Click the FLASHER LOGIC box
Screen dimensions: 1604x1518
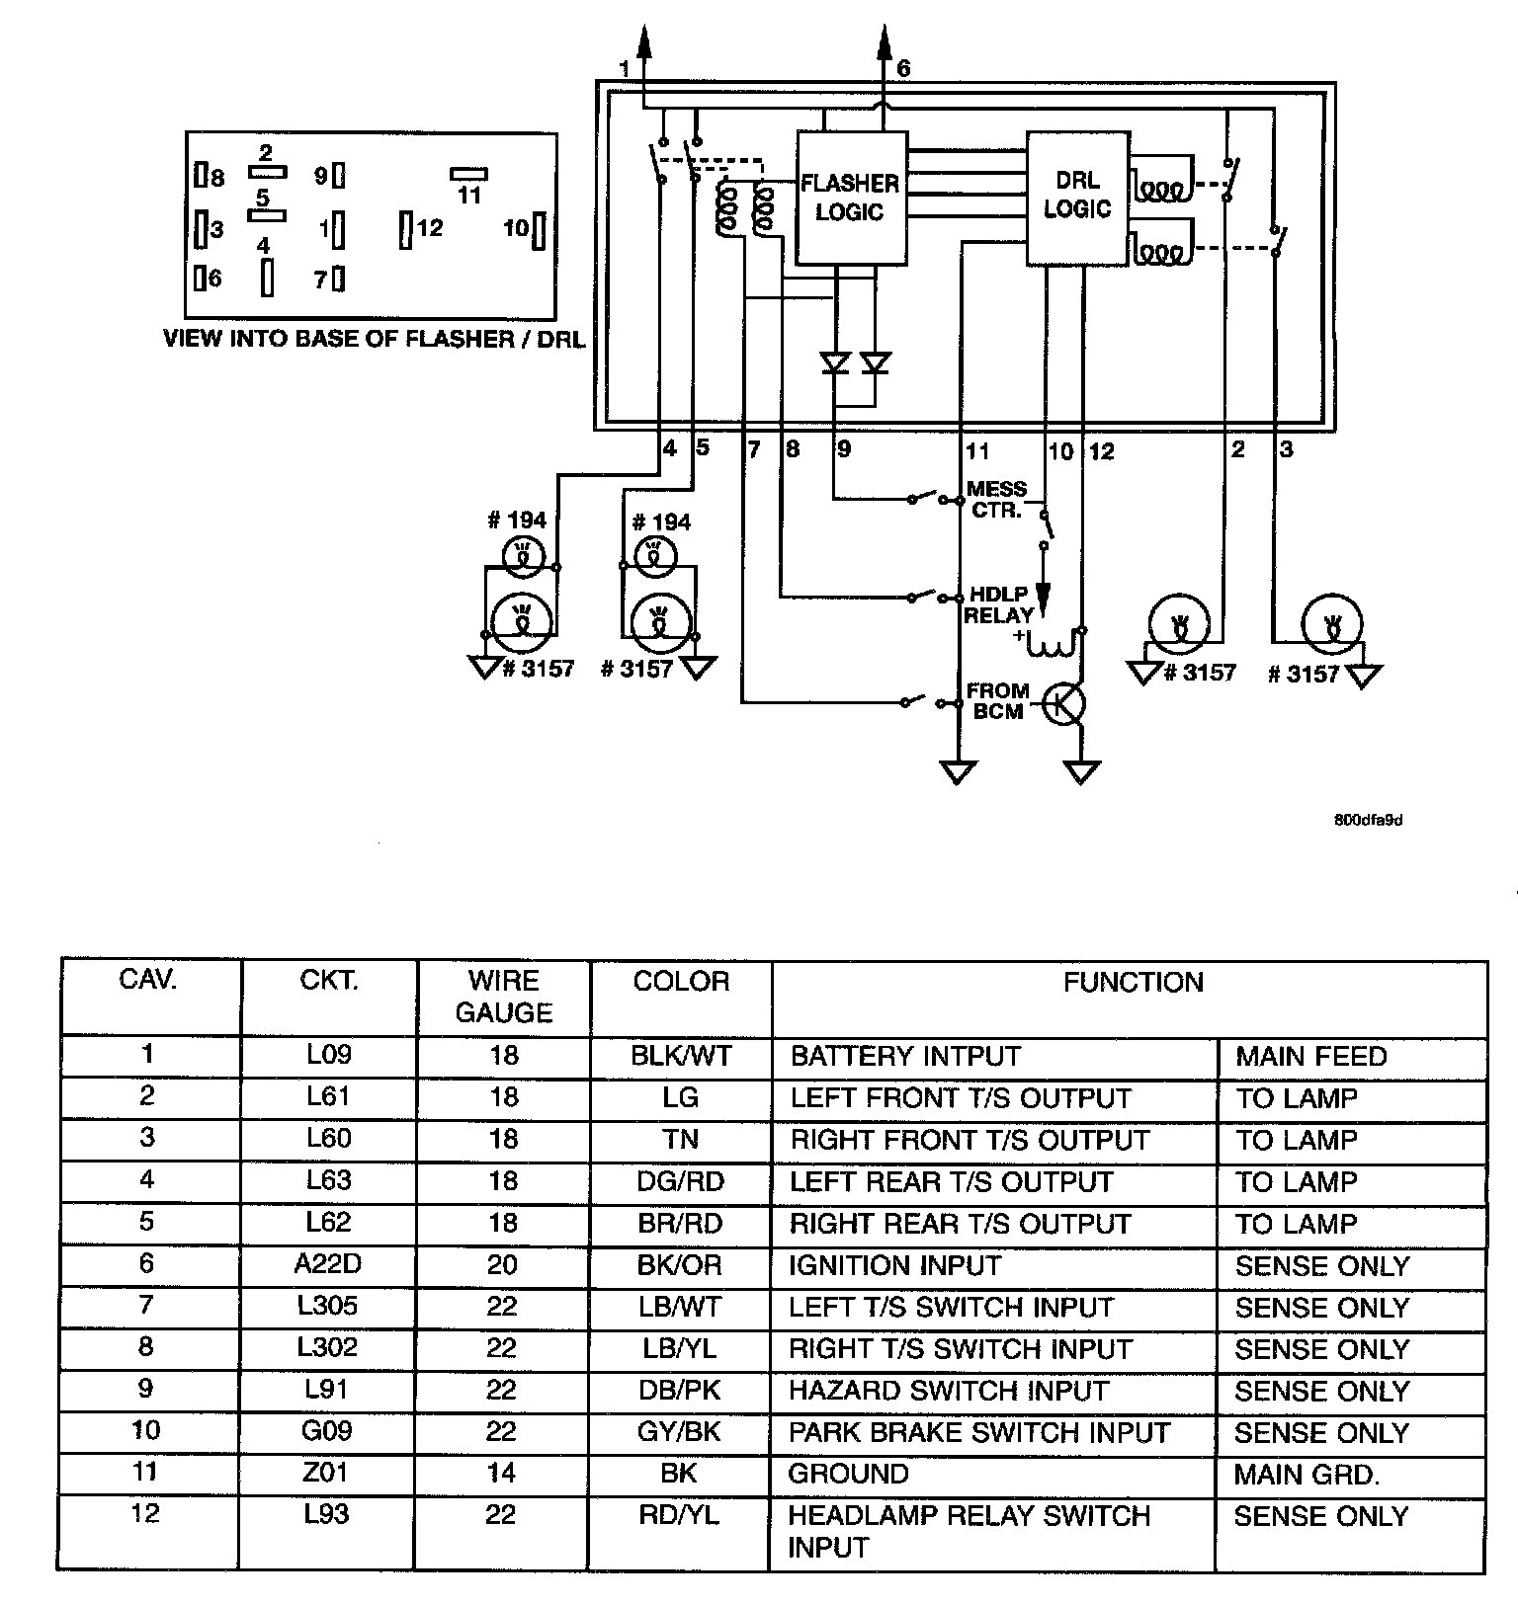[x=851, y=198]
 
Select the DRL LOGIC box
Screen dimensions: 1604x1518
[x=1076, y=197]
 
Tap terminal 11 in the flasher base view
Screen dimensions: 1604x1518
[x=468, y=174]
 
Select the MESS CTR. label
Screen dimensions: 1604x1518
[x=996, y=499]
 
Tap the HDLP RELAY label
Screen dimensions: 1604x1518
[x=997, y=603]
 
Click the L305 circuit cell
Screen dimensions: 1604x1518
[x=328, y=1306]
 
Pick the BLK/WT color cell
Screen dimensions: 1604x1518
[x=680, y=1056]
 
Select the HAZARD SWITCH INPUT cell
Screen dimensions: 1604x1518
[x=948, y=1390]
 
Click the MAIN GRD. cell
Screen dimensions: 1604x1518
[x=1306, y=1474]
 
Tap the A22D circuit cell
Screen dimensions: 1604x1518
[x=328, y=1264]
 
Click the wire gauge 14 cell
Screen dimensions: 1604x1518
[x=502, y=1474]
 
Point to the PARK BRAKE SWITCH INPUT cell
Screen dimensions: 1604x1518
[x=978, y=1432]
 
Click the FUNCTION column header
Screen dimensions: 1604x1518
[x=1133, y=982]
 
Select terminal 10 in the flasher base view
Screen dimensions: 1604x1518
[x=539, y=230]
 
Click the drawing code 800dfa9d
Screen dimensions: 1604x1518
[x=1368, y=820]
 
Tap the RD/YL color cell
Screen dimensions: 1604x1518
[x=679, y=1515]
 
